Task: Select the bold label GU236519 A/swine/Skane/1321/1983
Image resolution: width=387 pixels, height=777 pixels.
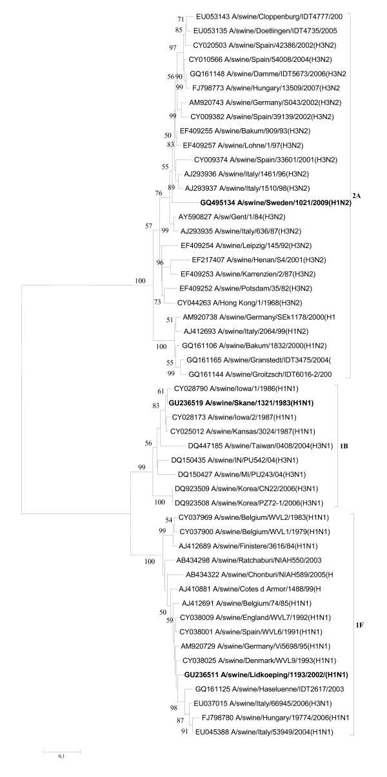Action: (x=241, y=403)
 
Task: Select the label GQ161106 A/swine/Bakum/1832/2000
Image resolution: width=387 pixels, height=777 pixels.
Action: (x=246, y=345)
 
